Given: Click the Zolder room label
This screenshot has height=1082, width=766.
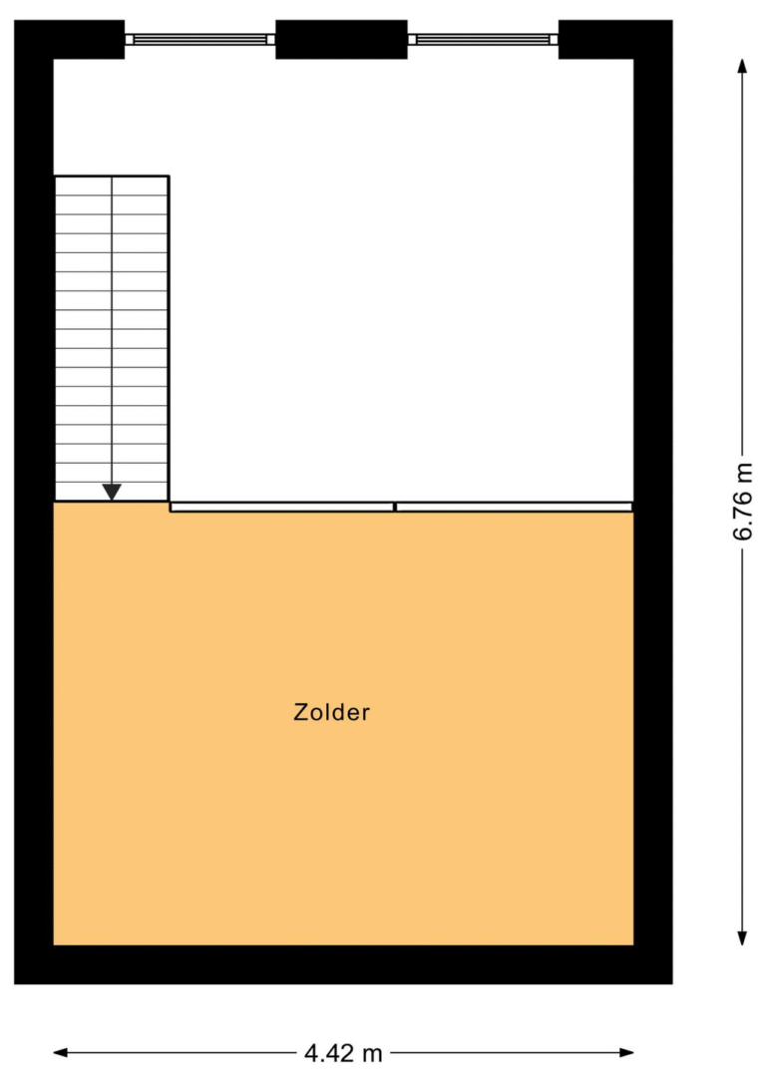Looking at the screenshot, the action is coord(331,711).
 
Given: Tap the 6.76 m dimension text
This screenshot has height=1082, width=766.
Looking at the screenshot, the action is coord(742,502).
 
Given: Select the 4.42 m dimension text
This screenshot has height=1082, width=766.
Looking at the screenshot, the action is coord(343,1053).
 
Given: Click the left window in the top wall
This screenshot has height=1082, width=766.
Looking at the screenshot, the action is coord(200,39).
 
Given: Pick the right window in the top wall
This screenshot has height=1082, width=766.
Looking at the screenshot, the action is coord(483,39).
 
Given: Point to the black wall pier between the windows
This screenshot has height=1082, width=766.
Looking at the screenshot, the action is coord(341,39).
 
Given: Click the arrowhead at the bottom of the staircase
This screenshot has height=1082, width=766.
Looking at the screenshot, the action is coord(112,492).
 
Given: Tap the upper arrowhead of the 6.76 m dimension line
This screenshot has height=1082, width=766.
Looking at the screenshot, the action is coord(742,66).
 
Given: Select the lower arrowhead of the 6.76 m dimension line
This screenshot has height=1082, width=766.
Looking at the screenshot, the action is coord(742,937).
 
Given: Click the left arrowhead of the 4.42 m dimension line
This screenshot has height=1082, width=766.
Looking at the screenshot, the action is coord(62,1052).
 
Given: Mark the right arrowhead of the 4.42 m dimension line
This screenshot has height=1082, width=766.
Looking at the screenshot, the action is coord(626,1052).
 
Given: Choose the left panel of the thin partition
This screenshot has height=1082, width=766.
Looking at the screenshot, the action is coord(281,508).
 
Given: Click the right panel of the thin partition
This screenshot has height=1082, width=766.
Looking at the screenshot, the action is coord(514,508).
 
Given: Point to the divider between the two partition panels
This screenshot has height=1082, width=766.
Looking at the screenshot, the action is coord(395,508).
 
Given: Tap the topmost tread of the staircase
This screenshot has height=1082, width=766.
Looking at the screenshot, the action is coord(112,185).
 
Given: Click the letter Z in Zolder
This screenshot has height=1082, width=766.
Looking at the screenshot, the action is coord(300,711).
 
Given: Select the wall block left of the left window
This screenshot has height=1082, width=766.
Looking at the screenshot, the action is coord(69,39).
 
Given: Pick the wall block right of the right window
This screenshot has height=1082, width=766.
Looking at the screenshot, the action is coord(615,39).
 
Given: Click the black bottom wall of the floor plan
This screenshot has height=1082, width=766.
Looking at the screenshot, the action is coord(343,964).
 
